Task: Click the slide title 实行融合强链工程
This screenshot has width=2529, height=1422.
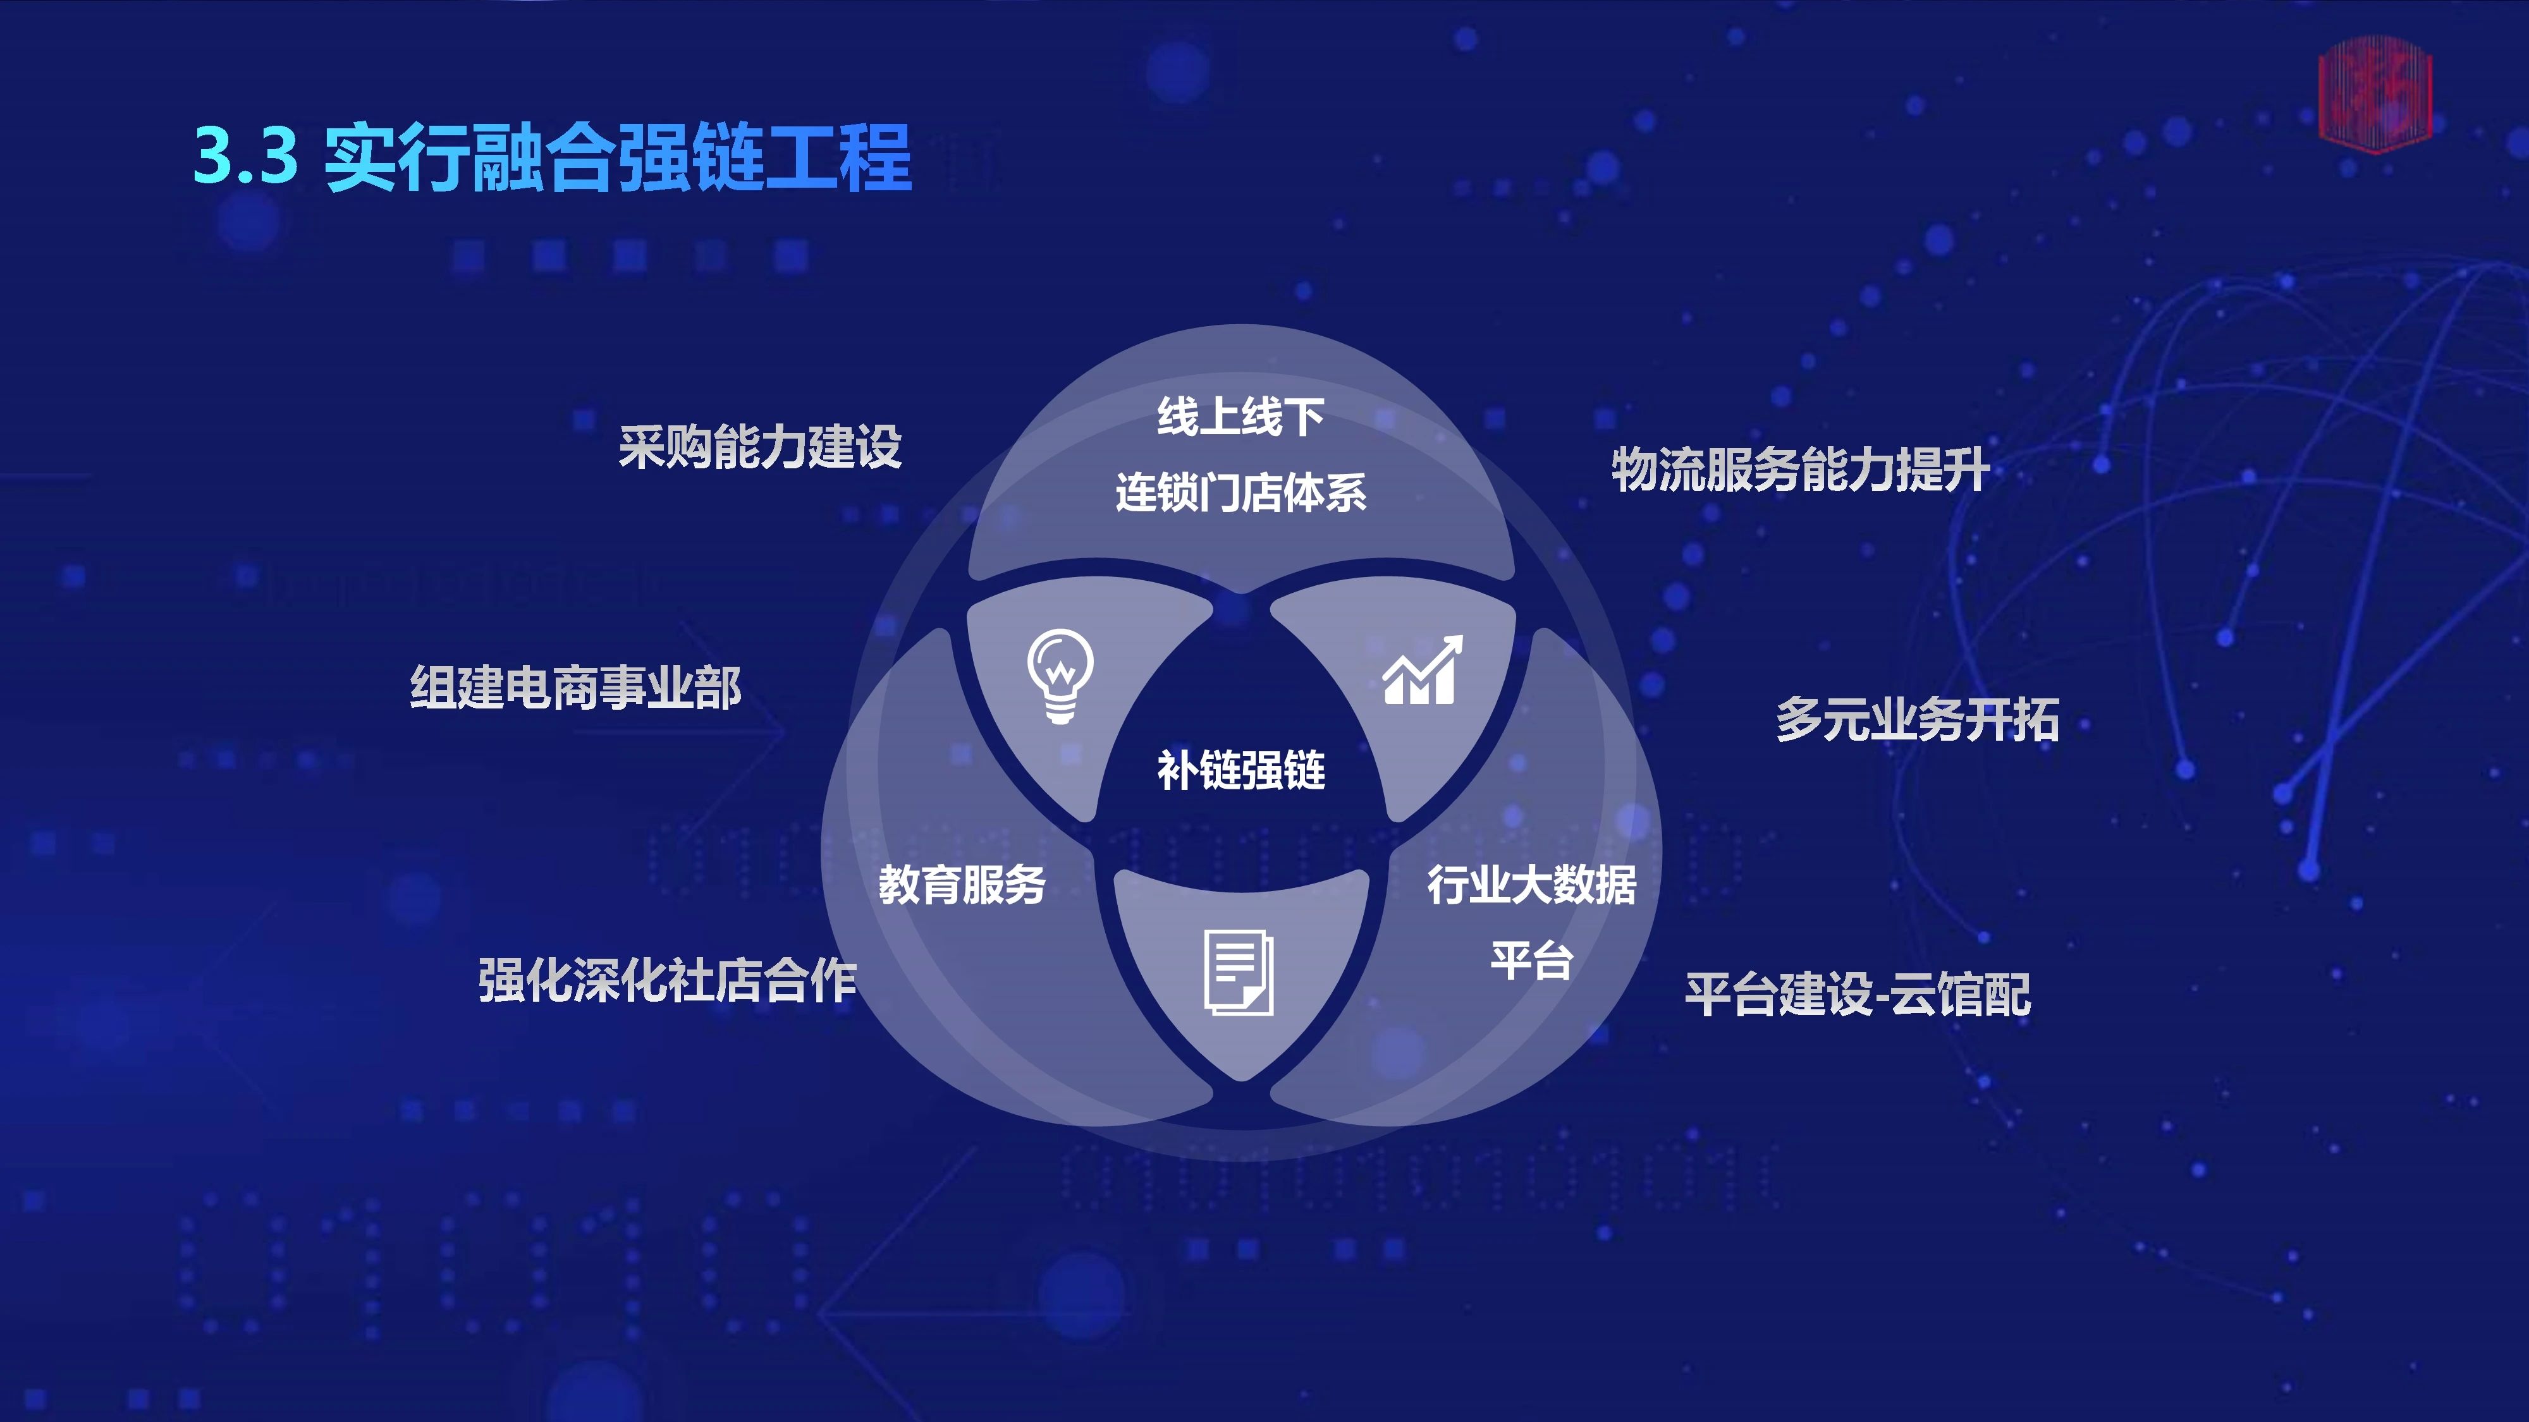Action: coord(618,157)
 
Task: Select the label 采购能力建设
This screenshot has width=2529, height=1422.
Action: coord(760,447)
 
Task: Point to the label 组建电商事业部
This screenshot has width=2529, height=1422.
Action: coord(575,687)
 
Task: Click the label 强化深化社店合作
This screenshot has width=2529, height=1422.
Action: coord(668,980)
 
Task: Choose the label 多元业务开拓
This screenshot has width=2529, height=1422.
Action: coord(1918,719)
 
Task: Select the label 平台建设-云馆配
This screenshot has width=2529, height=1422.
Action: coord(1858,994)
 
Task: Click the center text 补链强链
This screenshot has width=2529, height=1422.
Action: coord(1241,769)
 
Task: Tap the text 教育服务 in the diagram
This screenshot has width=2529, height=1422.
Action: coord(962,884)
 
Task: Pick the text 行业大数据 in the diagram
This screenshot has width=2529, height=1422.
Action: coord(1531,884)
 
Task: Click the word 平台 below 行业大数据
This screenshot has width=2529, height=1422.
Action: coord(1531,960)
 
